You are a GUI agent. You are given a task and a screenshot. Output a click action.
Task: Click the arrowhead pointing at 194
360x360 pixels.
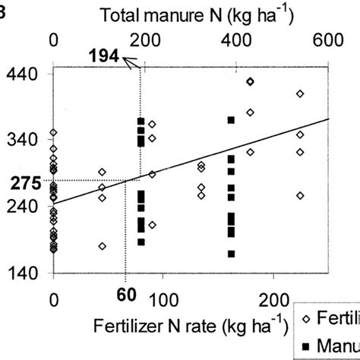[130, 64]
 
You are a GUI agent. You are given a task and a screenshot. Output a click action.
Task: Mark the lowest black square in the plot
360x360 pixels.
[231, 254]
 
